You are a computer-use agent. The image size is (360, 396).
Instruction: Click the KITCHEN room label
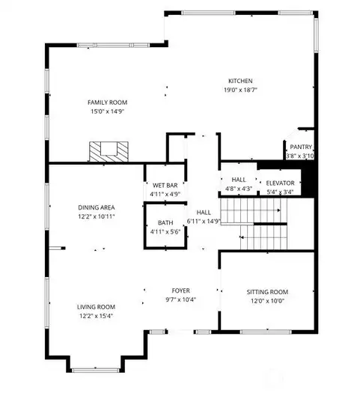tap(240, 81)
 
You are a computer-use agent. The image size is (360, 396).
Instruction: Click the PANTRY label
tap(302, 147)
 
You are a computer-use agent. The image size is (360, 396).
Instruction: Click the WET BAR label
tap(165, 186)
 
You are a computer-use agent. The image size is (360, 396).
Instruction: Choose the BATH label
tap(165, 223)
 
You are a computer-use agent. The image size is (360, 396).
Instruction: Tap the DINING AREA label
tap(96, 207)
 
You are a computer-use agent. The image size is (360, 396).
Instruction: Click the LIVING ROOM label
tap(96, 307)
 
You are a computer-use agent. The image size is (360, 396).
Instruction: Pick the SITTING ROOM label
tap(267, 292)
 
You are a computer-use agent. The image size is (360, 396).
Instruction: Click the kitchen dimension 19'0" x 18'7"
tap(240, 90)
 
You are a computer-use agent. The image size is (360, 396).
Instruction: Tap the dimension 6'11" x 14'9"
tap(204, 222)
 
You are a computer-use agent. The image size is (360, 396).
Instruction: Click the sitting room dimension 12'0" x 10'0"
tap(267, 302)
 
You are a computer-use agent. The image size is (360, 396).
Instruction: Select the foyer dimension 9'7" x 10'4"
tap(182, 299)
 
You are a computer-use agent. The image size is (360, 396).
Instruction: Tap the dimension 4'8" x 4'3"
tap(239, 189)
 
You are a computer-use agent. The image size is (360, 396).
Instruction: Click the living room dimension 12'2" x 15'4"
tap(96, 317)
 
